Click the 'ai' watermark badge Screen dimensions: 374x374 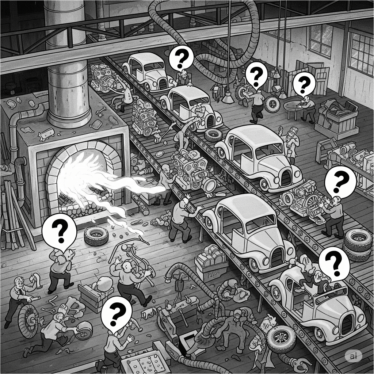tap(353, 356)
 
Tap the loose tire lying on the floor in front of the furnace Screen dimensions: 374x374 tap(96, 236)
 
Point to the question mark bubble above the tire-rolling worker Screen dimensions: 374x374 tap(256, 75)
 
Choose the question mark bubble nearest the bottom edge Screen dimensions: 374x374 tap(116, 314)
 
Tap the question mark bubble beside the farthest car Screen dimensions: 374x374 tap(181, 57)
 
